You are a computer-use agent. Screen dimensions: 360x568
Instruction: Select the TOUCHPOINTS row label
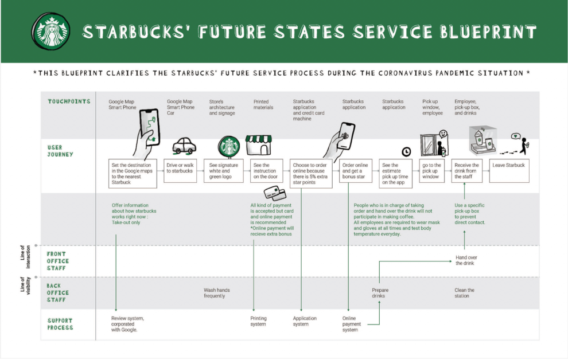pyautogui.click(x=69, y=101)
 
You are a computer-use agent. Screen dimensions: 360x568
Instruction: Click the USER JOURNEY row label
pyautogui.click(x=60, y=151)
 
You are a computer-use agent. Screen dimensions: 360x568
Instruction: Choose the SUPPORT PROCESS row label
pyautogui.click(x=60, y=324)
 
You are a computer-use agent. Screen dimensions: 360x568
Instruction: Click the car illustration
pyautogui.click(x=184, y=146)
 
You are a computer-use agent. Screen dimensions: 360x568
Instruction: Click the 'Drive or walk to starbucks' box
pyautogui.click(x=180, y=171)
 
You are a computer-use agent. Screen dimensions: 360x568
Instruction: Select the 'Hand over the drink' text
pyautogui.click(x=466, y=260)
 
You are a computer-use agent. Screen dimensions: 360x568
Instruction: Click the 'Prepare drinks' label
pyautogui.click(x=380, y=293)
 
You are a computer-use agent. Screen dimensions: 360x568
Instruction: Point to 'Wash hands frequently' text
pyautogui.click(x=217, y=293)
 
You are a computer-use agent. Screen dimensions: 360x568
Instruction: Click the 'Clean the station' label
pyautogui.click(x=465, y=293)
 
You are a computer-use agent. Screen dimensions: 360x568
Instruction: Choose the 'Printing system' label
pyautogui.click(x=259, y=321)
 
